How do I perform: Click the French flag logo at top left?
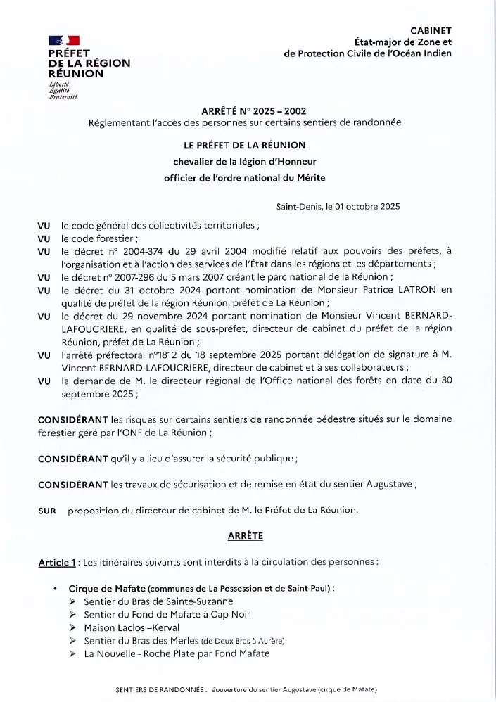64,42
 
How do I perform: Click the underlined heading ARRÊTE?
246,536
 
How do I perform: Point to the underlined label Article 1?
57,563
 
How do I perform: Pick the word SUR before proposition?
47,510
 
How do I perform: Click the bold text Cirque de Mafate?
107,588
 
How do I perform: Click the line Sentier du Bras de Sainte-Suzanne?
158,601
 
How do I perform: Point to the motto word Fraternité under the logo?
63,96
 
